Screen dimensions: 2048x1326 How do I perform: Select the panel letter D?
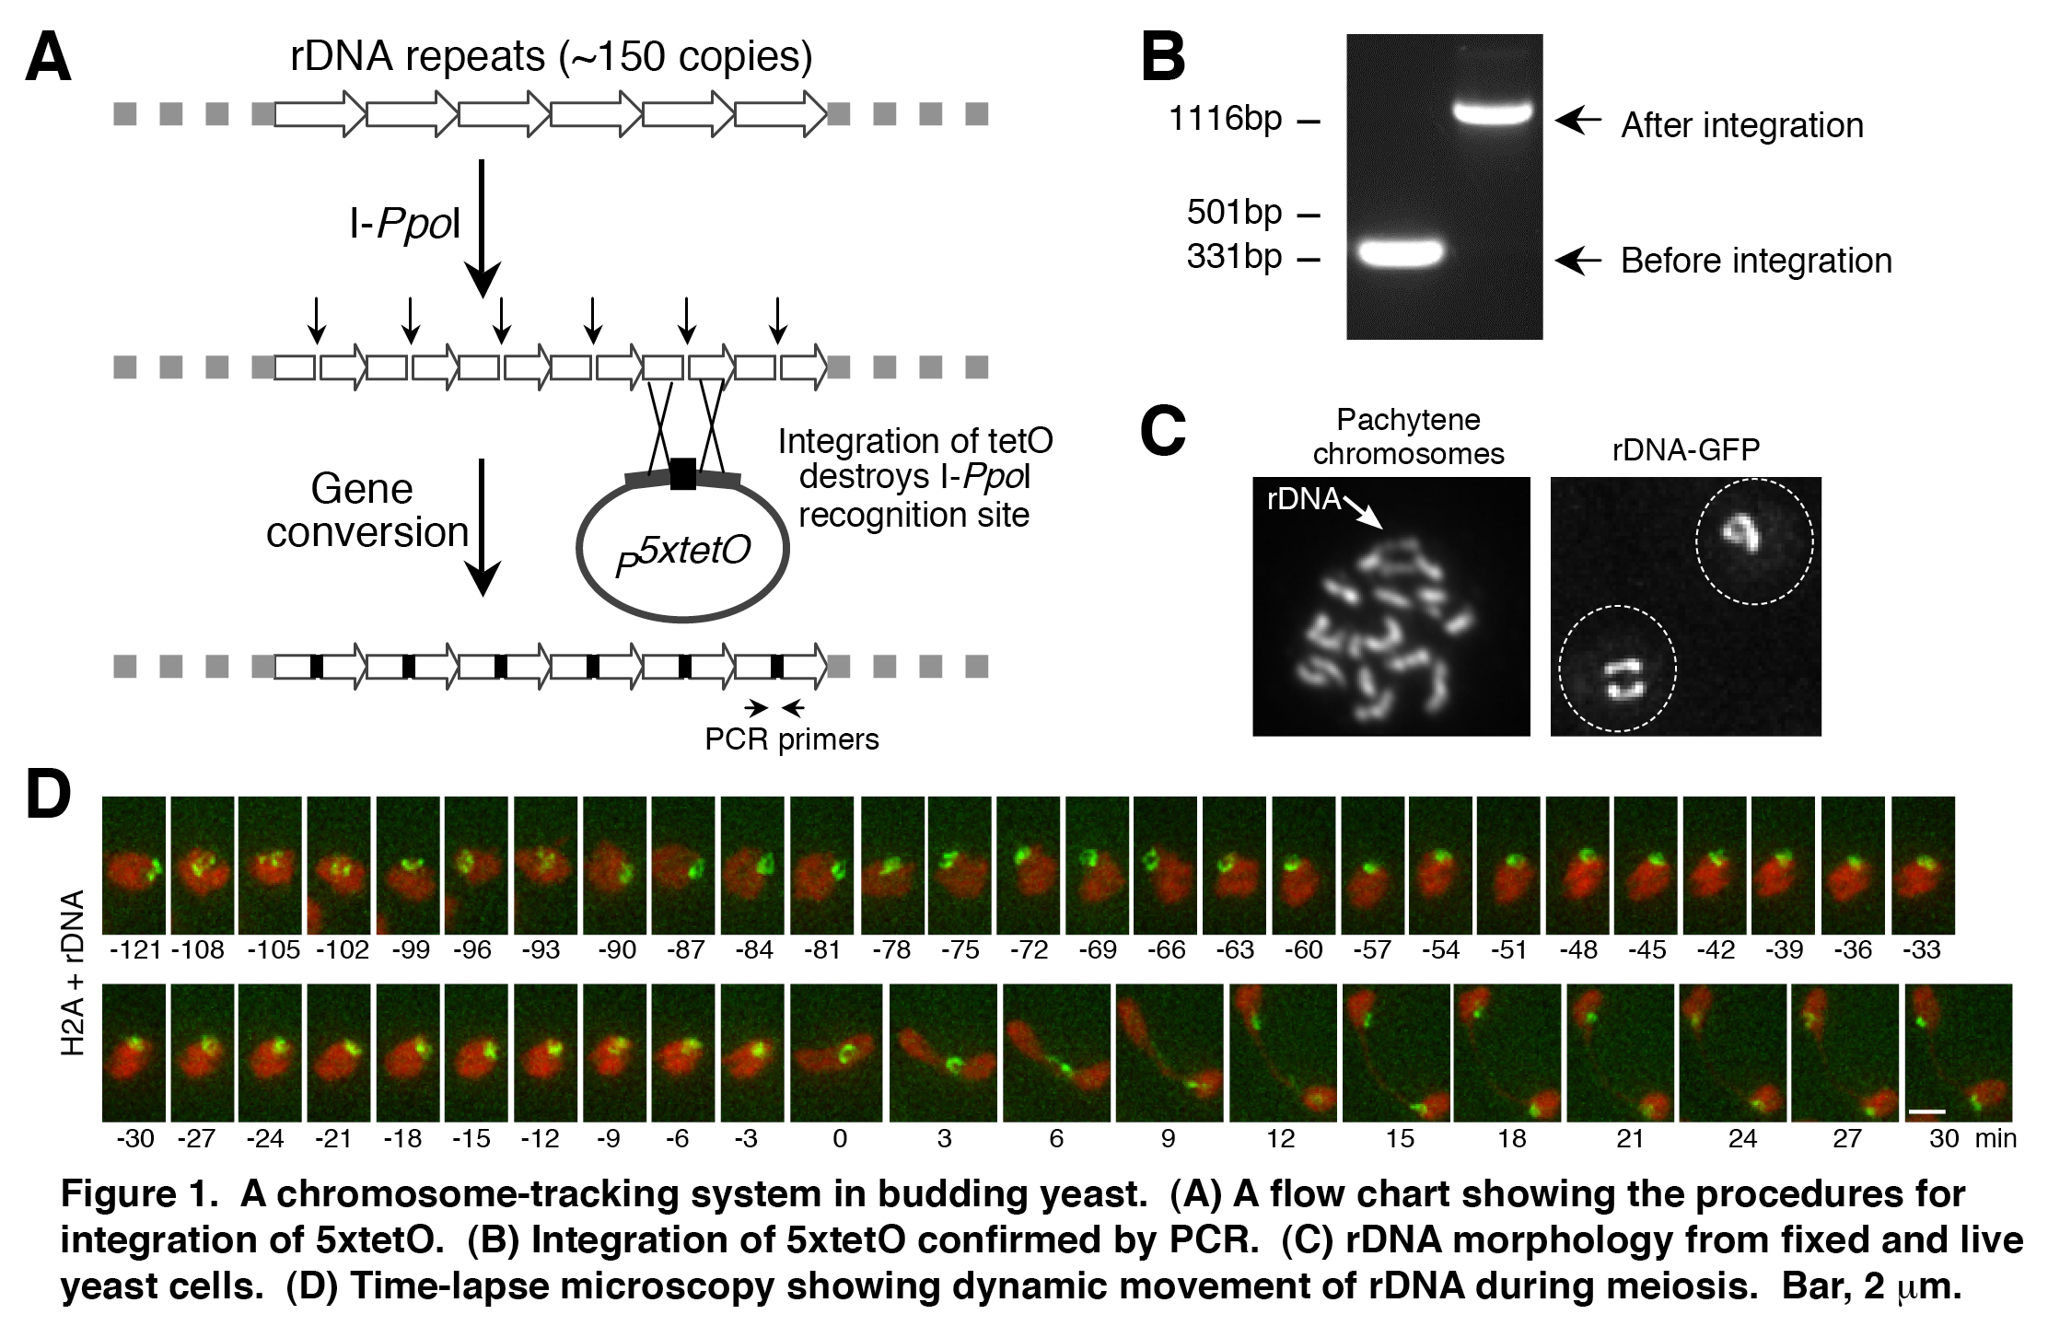pos(49,794)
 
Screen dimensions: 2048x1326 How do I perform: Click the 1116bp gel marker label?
pos(1225,119)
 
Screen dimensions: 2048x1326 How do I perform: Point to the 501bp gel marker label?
pos(1234,213)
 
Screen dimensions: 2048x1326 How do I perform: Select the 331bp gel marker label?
pos(1234,256)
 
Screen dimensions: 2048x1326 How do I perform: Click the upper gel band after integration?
pos(1494,114)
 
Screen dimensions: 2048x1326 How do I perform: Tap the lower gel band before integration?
pos(1400,251)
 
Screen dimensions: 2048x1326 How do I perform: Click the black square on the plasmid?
pos(682,474)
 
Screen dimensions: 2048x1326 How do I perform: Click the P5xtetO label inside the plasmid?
pos(682,555)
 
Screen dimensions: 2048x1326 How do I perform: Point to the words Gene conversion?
pos(367,510)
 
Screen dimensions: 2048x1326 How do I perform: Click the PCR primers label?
pos(791,739)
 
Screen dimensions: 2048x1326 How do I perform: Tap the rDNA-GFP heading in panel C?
pos(1685,449)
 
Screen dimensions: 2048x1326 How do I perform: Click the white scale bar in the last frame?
pos(1926,1111)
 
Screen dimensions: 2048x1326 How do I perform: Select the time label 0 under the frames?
pos(839,1139)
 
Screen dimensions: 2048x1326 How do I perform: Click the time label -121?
pos(134,949)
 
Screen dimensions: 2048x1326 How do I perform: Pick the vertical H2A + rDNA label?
pos(72,971)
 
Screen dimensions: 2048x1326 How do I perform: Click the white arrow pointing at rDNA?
pos(1364,513)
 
